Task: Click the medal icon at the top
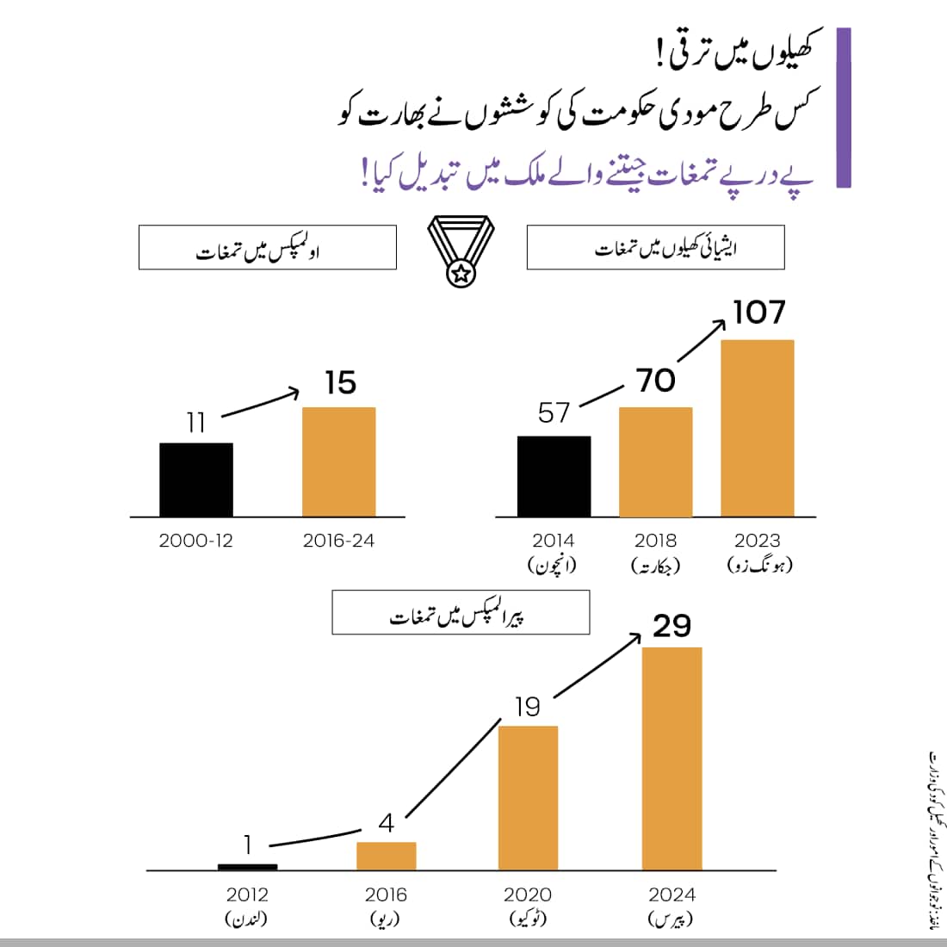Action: coord(461,251)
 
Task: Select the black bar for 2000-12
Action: coord(196,480)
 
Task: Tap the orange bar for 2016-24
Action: coord(339,461)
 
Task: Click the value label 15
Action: coord(340,383)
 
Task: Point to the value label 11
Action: coord(196,423)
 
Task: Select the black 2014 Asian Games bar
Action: coord(554,476)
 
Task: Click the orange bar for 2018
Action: coord(655,461)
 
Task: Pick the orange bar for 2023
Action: coord(757,428)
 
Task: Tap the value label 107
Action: coord(759,313)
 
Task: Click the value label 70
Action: coord(656,381)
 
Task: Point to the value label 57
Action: coord(554,413)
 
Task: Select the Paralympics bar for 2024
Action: coord(672,758)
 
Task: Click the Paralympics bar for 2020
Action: coord(528,797)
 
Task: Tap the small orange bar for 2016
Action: coord(386,856)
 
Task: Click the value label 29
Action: coord(672,626)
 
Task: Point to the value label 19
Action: coord(528,707)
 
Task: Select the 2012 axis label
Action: coord(247,895)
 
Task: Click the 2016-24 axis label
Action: coord(339,541)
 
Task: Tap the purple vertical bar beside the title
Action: coord(844,108)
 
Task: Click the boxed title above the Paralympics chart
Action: coord(461,612)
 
